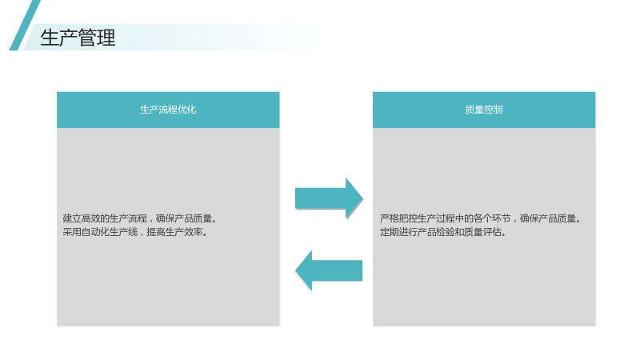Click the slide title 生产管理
click(78, 38)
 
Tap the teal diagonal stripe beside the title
click(25, 26)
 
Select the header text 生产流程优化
click(168, 110)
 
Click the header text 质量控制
click(484, 110)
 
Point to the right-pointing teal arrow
click(329, 198)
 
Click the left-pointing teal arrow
click(329, 270)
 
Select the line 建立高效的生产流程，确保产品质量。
click(140, 218)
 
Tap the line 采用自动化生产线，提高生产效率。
click(135, 232)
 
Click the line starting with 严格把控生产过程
click(481, 218)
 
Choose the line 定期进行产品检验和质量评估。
click(443, 232)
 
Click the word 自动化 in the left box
click(95, 232)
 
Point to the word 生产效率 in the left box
click(184, 232)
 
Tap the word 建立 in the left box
click(72, 218)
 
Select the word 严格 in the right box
click(390, 218)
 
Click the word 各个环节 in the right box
click(492, 218)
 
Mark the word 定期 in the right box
click(390, 232)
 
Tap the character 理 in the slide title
click(106, 38)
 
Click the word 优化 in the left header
click(187, 110)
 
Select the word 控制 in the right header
click(493, 110)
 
